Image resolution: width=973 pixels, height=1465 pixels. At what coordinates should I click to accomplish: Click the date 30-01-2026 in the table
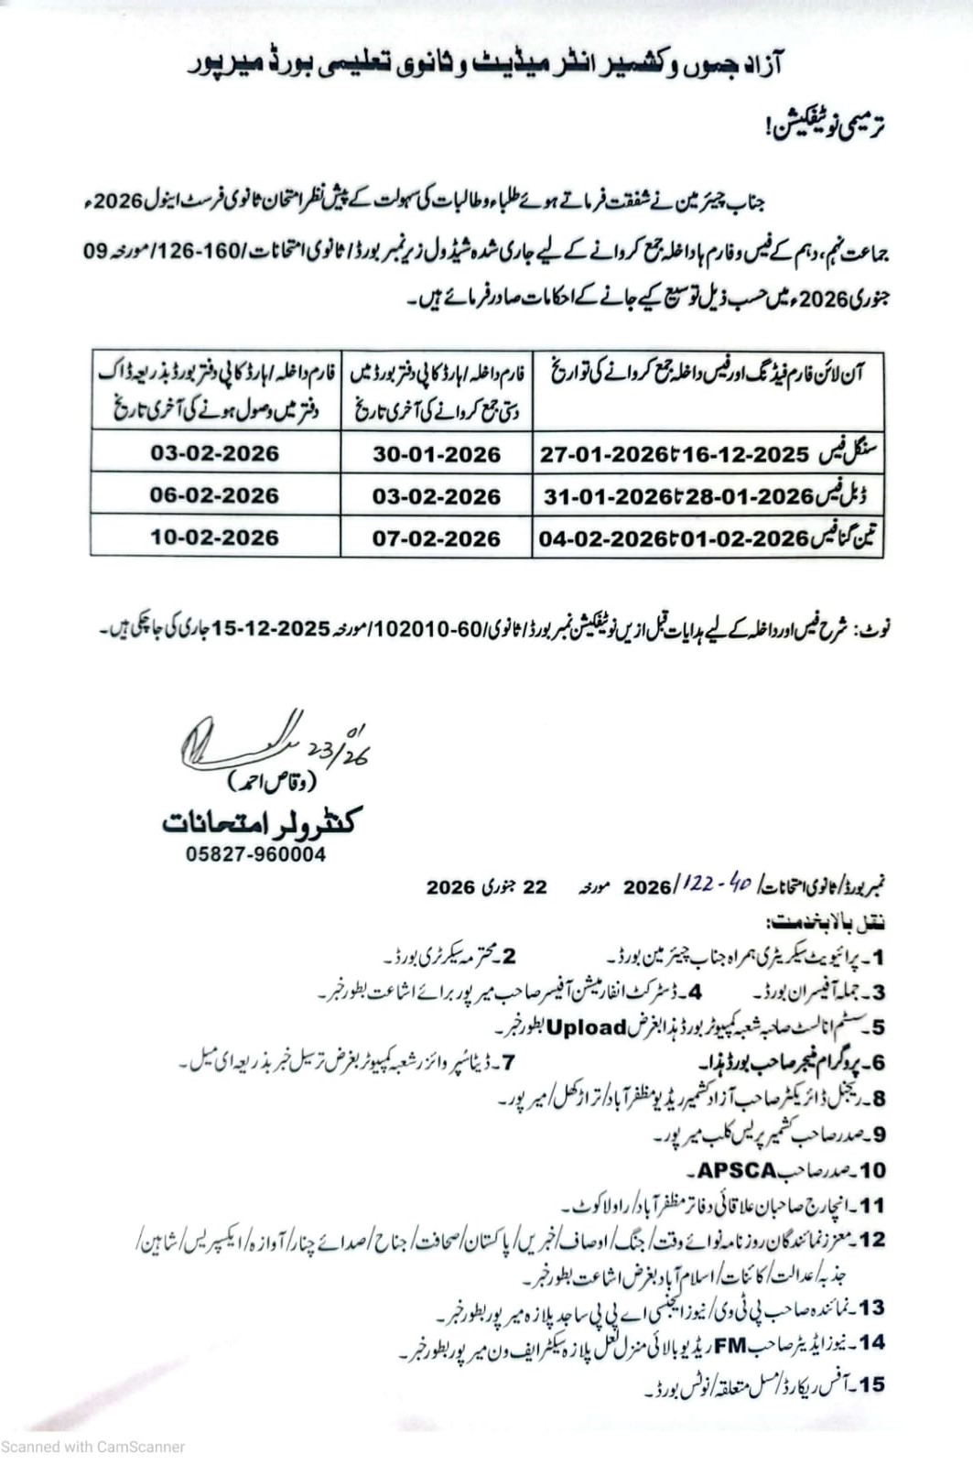(x=437, y=454)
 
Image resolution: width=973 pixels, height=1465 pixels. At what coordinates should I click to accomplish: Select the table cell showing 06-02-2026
(x=214, y=495)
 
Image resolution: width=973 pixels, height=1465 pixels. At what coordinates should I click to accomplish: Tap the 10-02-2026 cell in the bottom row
(x=214, y=537)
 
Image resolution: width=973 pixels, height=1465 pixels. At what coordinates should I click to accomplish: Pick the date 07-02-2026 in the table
(x=437, y=538)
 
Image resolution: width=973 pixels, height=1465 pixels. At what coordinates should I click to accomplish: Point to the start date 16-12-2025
(x=751, y=454)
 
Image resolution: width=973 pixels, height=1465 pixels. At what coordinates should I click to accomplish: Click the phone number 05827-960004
(x=255, y=854)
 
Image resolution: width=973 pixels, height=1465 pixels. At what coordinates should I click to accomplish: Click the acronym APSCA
(x=737, y=1170)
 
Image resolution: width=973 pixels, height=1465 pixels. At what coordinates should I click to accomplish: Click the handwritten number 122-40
(x=719, y=884)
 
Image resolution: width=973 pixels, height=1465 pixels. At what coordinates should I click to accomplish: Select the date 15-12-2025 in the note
(x=271, y=629)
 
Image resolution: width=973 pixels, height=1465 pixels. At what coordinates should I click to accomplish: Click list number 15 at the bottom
(x=871, y=1384)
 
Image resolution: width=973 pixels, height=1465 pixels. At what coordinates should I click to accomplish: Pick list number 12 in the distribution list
(x=871, y=1240)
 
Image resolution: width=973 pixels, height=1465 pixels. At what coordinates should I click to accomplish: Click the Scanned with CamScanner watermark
(x=92, y=1447)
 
